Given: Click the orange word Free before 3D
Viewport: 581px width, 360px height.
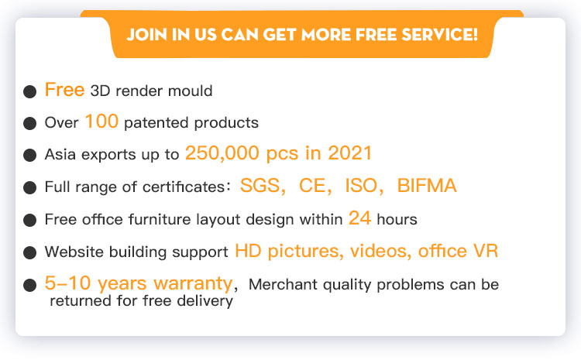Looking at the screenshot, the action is [64, 90].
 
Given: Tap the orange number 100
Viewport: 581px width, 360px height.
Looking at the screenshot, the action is [101, 121].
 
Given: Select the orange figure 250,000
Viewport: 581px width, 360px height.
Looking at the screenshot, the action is [222, 153].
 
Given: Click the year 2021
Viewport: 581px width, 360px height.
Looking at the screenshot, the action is [350, 153].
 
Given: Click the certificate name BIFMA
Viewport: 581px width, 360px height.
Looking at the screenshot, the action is [427, 186].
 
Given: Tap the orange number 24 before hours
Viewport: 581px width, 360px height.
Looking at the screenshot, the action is [359, 218].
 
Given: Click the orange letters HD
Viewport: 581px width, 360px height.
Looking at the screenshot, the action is [248, 251].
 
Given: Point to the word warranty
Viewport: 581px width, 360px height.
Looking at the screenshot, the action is [193, 283].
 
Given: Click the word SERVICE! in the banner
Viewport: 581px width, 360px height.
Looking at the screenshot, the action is [439, 34].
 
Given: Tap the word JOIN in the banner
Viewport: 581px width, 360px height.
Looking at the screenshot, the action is [146, 34].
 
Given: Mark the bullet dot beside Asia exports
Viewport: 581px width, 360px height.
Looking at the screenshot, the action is [29, 155].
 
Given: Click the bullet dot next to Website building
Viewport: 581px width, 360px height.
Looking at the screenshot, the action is [29, 252].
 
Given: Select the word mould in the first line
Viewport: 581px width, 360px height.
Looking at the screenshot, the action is [190, 91].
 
